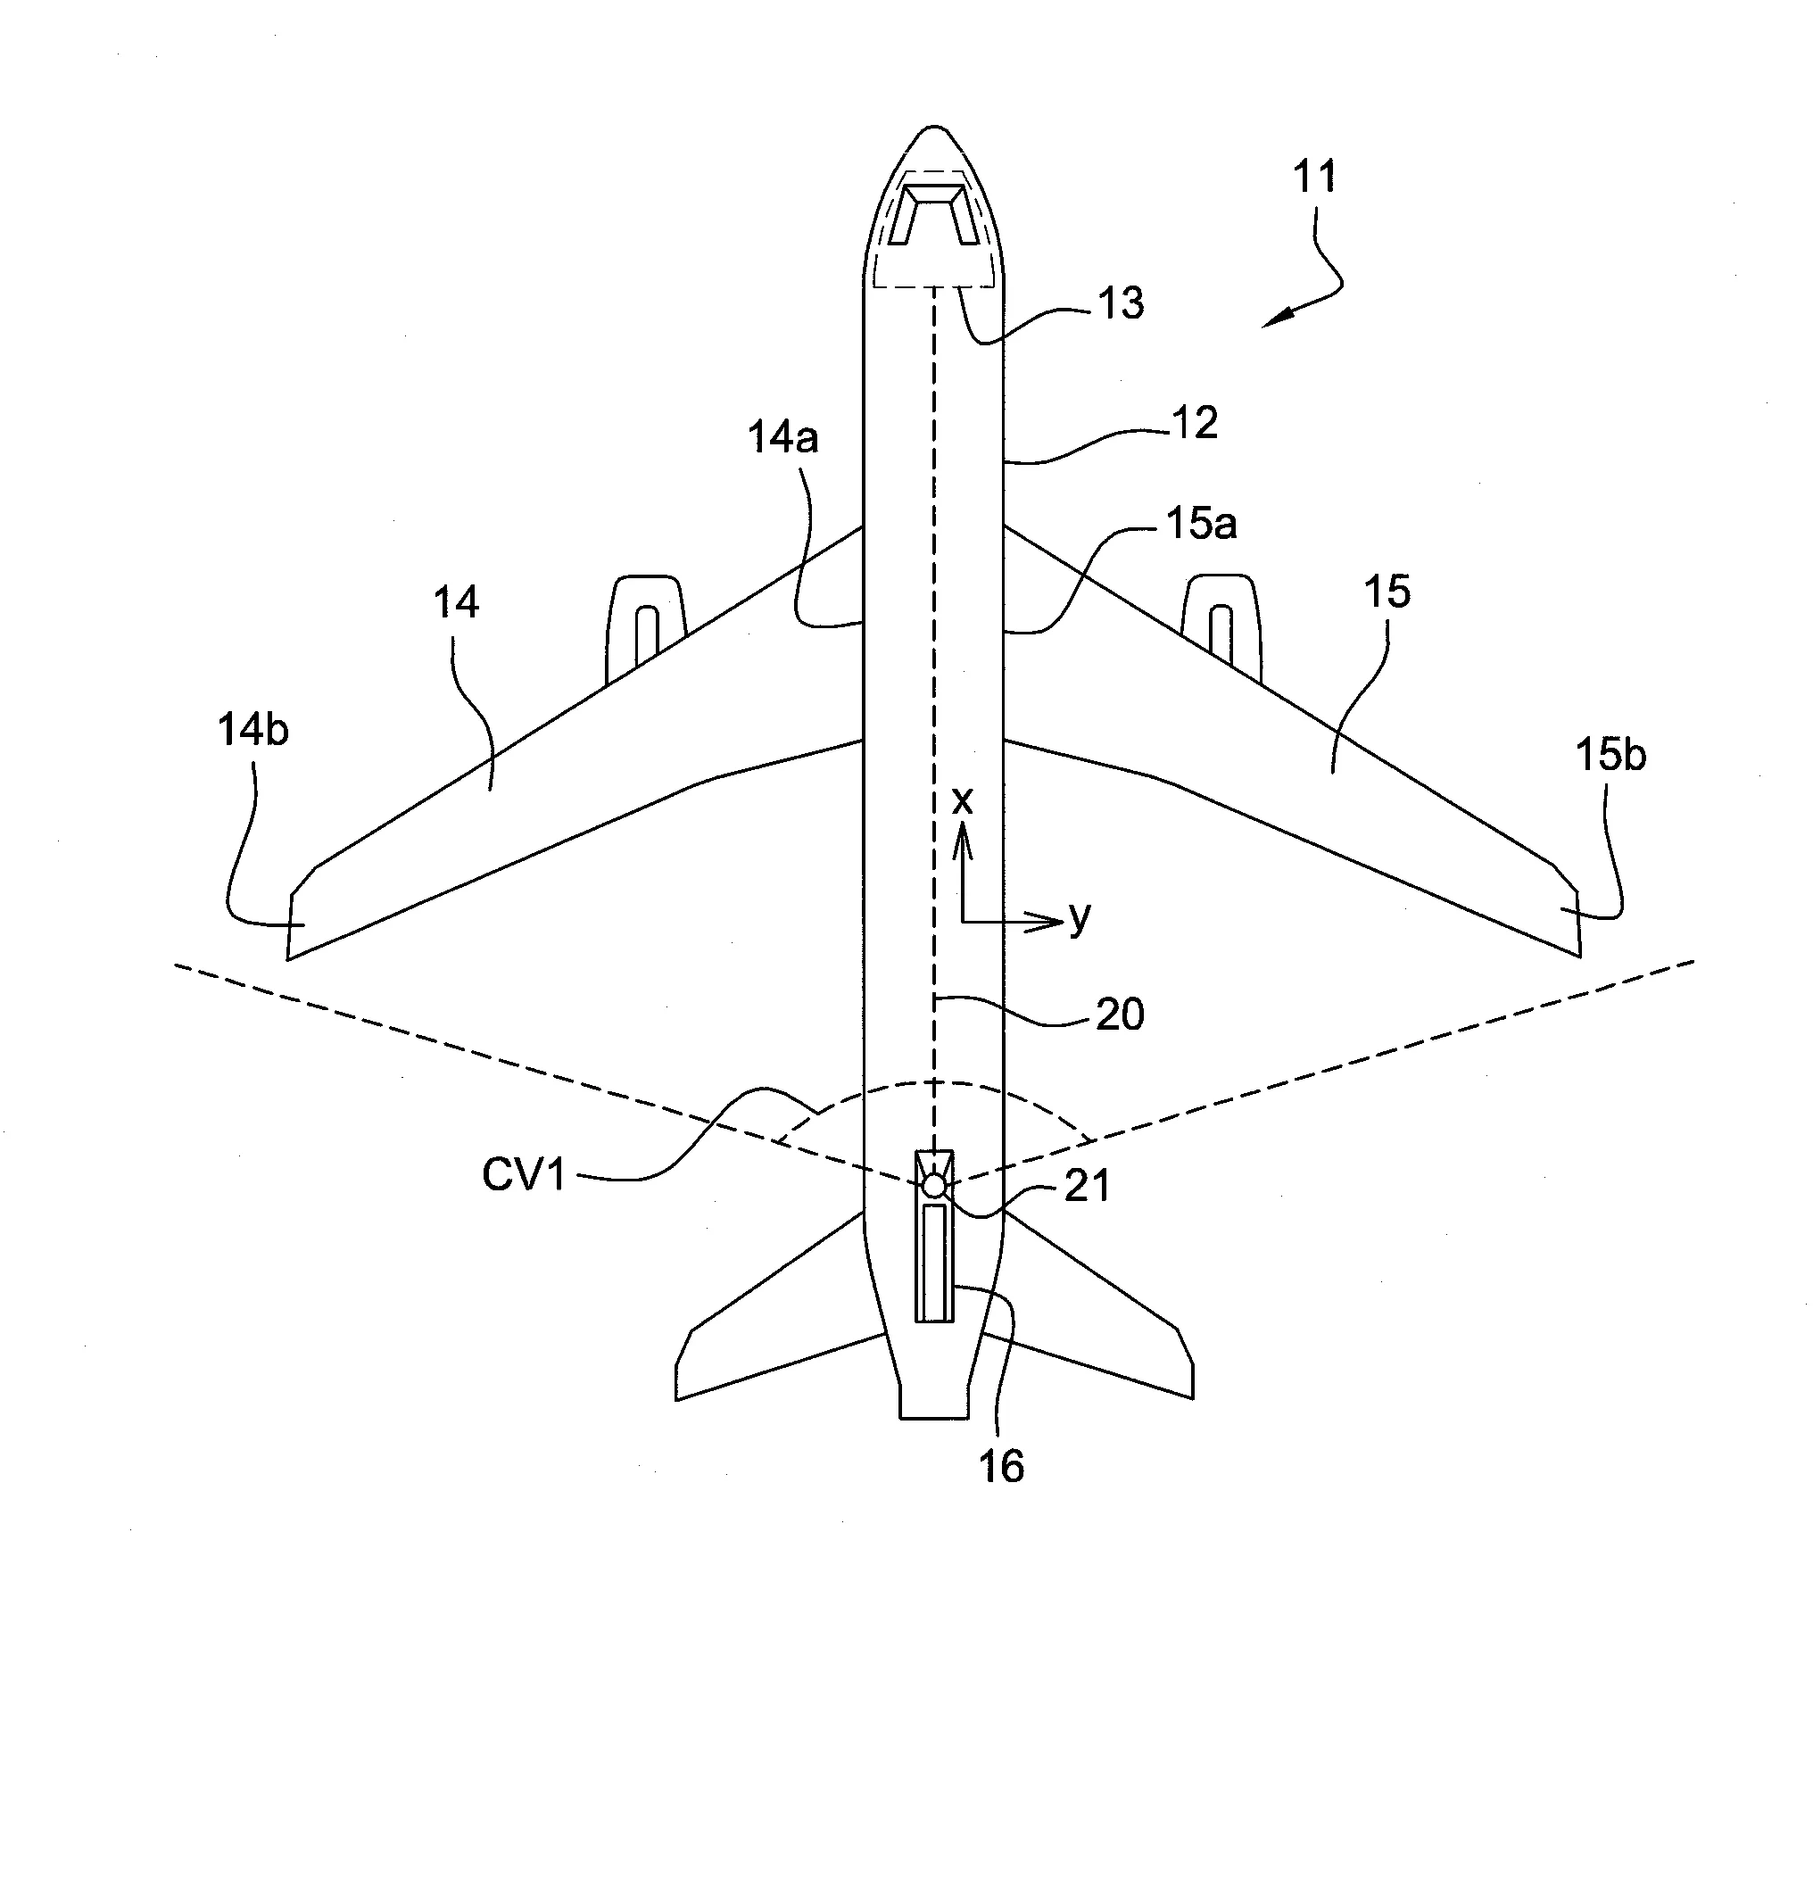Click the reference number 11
(1314, 177)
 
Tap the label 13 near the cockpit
(1121, 303)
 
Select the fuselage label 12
(1195, 423)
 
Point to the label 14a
(782, 439)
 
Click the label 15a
(1201, 524)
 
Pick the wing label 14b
(252, 731)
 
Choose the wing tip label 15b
(1610, 755)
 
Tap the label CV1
(524, 1176)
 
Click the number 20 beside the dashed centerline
(1120, 1015)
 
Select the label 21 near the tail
(1088, 1186)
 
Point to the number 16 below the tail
(1001, 1467)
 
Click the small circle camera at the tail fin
(933, 1185)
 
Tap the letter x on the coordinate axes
(963, 801)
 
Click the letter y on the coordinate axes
(1080, 916)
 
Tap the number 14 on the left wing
(455, 603)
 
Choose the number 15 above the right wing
(1387, 592)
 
